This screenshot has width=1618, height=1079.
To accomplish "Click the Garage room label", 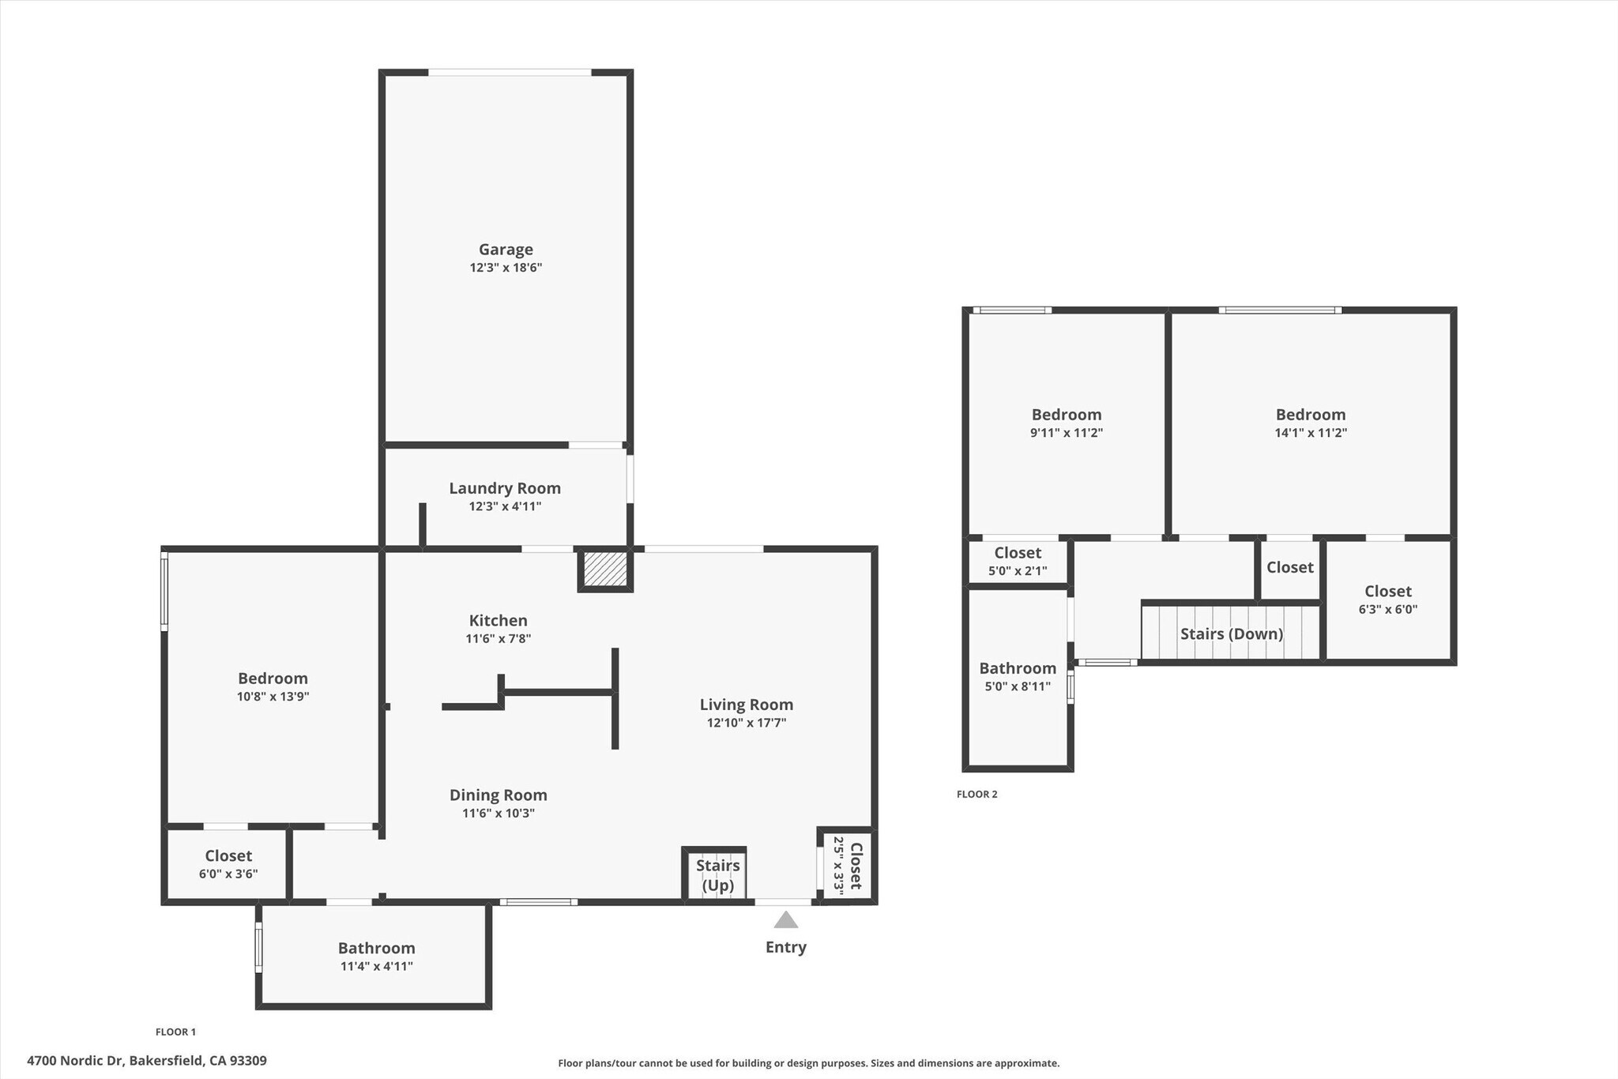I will click(x=506, y=250).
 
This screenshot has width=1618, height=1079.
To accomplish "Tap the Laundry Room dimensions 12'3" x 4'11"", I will click(x=505, y=506).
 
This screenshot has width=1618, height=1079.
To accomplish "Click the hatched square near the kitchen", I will click(x=605, y=569).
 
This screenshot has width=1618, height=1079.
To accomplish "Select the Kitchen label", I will click(x=498, y=621).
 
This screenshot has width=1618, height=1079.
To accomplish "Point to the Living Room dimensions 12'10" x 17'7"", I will click(x=746, y=723).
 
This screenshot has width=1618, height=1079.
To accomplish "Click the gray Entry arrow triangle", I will click(x=785, y=920).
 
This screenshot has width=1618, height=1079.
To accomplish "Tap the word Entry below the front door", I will click(x=785, y=947).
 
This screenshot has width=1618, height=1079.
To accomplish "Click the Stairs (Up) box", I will click(x=717, y=875).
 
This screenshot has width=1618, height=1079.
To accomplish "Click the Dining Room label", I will click(x=498, y=795).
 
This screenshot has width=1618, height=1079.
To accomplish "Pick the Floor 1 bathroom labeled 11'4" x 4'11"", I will click(x=376, y=956).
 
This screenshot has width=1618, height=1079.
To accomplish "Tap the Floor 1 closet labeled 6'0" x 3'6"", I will click(x=228, y=864).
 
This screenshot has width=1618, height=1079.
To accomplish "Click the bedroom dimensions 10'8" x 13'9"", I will click(x=273, y=697).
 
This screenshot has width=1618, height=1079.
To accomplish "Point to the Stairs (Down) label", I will click(x=1231, y=633).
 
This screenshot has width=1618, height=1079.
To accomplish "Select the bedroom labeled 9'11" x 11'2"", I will click(x=1066, y=423).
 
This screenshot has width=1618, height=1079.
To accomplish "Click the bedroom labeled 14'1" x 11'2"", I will click(x=1310, y=423).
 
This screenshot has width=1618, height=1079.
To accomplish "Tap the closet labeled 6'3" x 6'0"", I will click(x=1387, y=600).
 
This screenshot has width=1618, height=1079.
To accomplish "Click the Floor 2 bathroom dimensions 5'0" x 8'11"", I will click(x=1017, y=686).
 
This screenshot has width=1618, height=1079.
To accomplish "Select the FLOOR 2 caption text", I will click(x=976, y=794).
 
